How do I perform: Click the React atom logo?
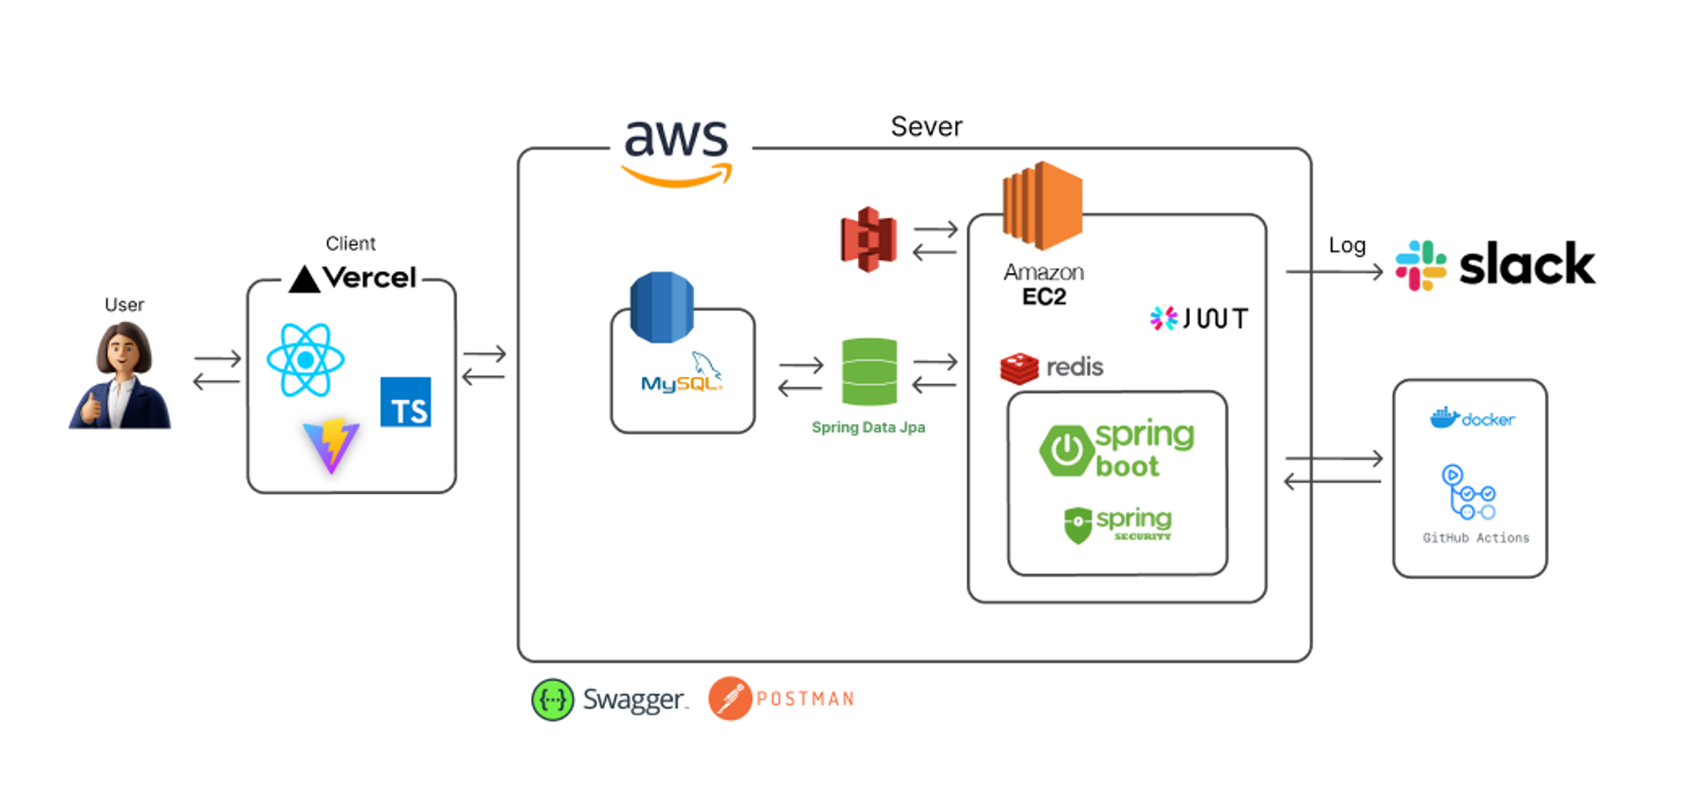(305, 360)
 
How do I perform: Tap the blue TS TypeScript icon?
(406, 402)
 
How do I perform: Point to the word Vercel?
(369, 277)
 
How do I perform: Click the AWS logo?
(676, 150)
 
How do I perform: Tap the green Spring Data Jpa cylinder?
(869, 372)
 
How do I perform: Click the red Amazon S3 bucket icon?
(868, 239)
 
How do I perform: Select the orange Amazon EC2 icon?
(1042, 205)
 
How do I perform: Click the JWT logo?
(1199, 318)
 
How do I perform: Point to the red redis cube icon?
(1019, 368)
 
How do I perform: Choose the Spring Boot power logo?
(1066, 451)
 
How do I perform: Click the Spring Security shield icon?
(1078, 525)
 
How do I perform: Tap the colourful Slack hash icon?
(1420, 265)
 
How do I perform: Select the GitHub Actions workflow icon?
(1469, 492)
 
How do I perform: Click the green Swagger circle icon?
(552, 700)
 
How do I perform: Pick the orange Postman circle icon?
(730, 698)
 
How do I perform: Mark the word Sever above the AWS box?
(926, 127)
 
